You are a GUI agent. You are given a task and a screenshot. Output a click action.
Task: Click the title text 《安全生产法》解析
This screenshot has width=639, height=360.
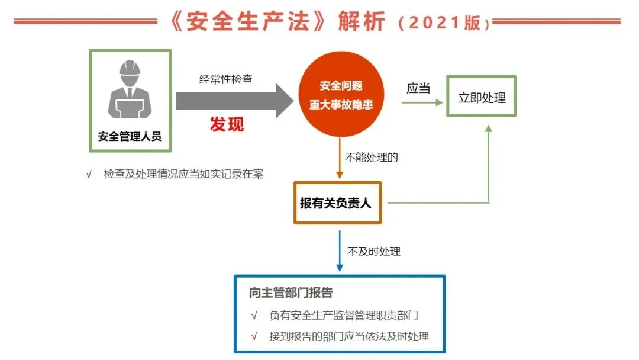pyautogui.click(x=277, y=21)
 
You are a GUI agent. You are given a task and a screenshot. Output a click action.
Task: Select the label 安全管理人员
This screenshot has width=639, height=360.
pyautogui.click(x=130, y=136)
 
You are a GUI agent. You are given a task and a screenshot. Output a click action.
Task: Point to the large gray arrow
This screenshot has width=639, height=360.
pyautogui.click(x=235, y=101)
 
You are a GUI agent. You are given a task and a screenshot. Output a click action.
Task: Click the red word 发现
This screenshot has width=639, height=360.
pyautogui.click(x=227, y=124)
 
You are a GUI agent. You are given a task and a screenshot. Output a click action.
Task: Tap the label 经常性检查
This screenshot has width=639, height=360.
pyautogui.click(x=226, y=79)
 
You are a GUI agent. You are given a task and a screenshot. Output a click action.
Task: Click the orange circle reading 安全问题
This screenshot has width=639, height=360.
pyautogui.click(x=341, y=94)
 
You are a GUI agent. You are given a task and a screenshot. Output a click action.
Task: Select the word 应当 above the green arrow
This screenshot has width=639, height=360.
pyautogui.click(x=418, y=88)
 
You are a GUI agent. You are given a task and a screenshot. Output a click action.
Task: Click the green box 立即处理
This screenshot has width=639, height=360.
pyautogui.click(x=481, y=97)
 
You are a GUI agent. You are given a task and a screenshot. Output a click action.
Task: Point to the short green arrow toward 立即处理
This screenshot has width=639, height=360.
pyautogui.click(x=422, y=102)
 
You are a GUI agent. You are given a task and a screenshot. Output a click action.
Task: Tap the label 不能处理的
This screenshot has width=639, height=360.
pyautogui.click(x=371, y=157)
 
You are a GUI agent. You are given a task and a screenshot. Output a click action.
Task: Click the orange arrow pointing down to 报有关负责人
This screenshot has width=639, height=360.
pyautogui.click(x=340, y=158)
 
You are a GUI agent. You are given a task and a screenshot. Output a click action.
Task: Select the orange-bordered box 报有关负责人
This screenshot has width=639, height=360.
pyautogui.click(x=337, y=202)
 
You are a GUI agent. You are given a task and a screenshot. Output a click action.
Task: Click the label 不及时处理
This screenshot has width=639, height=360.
pyautogui.click(x=374, y=251)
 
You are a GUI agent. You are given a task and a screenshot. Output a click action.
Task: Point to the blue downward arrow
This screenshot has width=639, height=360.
pyautogui.click(x=340, y=250)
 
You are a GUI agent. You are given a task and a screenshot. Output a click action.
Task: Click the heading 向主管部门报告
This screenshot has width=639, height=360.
pyautogui.click(x=291, y=292)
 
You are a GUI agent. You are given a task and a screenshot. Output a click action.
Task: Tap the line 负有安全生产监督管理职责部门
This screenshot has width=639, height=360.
pyautogui.click(x=344, y=315)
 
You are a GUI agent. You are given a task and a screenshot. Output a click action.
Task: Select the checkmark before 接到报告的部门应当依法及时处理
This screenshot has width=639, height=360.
pyautogui.click(x=254, y=336)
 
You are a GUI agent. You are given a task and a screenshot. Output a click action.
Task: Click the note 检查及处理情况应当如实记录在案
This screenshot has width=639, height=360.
pyautogui.click(x=183, y=174)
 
